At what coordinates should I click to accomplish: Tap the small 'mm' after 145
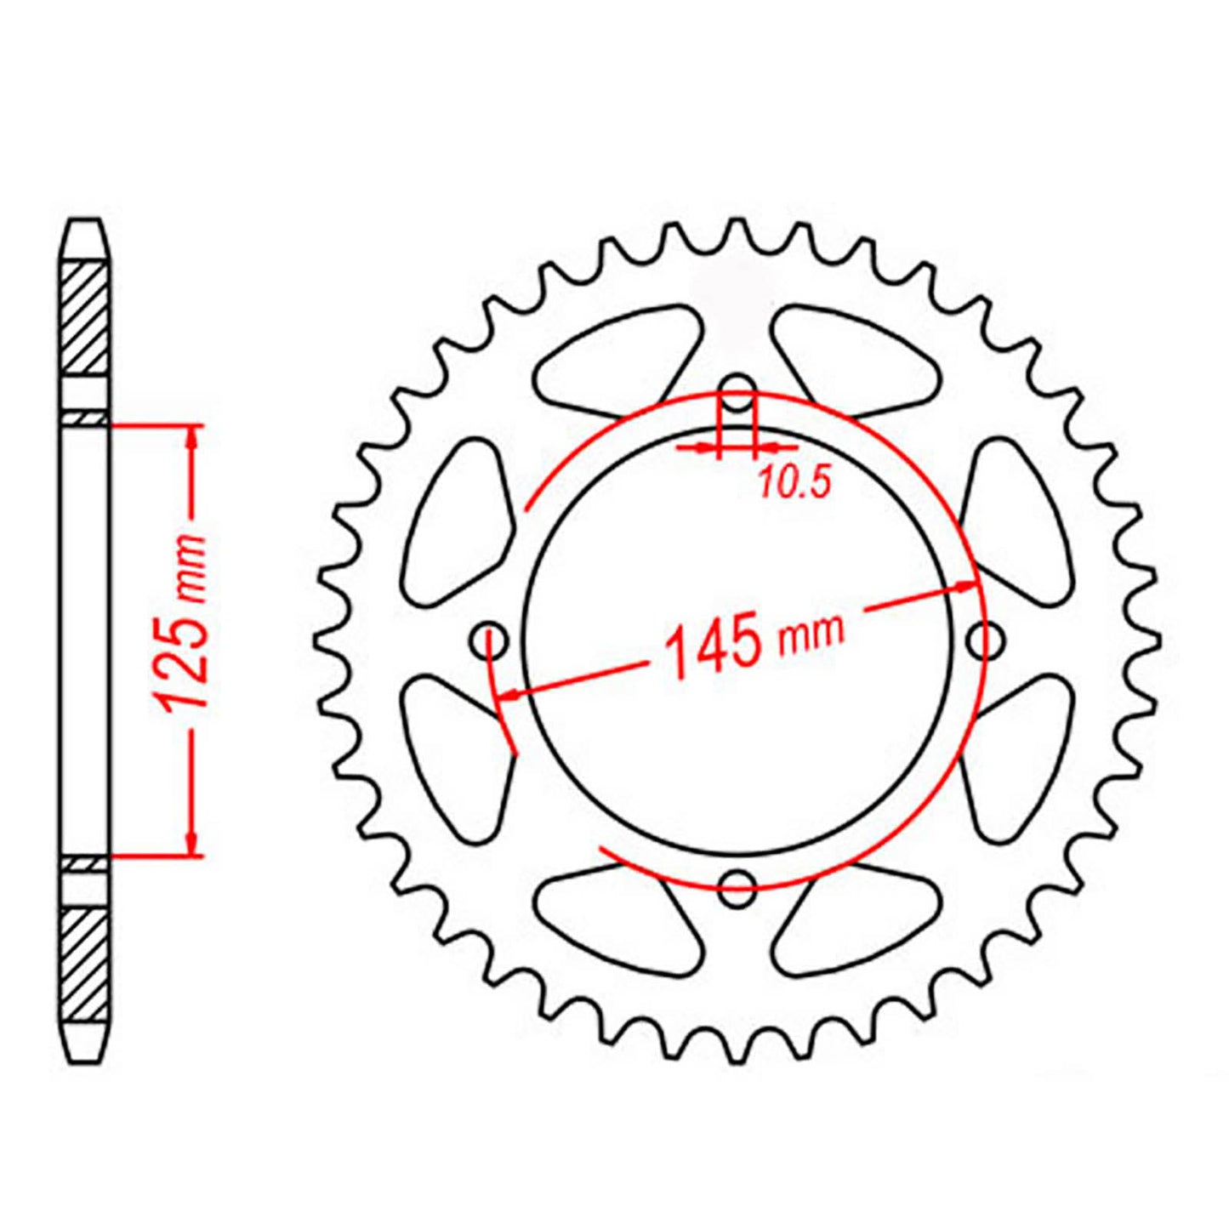coord(811,630)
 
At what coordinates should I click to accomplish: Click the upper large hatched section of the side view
coord(86,318)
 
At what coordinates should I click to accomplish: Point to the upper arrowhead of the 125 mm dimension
coord(192,435)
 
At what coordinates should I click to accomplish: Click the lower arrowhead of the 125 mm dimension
coord(192,842)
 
